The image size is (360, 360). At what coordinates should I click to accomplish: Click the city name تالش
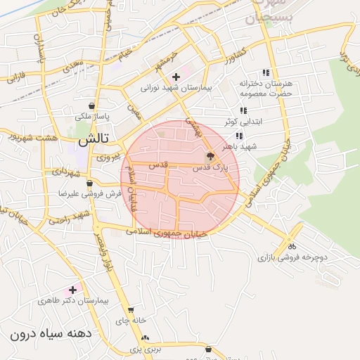pyautogui.click(x=82, y=141)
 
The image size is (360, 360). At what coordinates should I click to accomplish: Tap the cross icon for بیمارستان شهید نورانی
pyautogui.click(x=176, y=76)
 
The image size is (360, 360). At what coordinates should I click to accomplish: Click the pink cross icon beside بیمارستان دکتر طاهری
pyautogui.click(x=72, y=290)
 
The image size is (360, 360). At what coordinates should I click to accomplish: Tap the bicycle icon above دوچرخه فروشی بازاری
pyautogui.click(x=291, y=246)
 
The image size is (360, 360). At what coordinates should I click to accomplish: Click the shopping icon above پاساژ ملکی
pyautogui.click(x=93, y=106)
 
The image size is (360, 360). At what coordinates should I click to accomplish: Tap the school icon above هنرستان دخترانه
pyautogui.click(x=266, y=72)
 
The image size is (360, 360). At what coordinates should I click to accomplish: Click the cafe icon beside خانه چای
pyautogui.click(x=131, y=309)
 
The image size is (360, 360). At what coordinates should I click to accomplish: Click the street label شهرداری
pyautogui.click(x=67, y=172)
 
